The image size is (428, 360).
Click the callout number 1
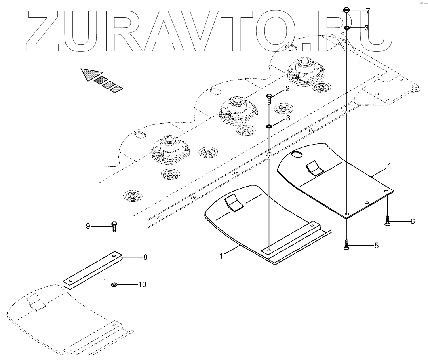[x=221, y=256]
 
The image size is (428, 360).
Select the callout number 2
[x=288, y=89]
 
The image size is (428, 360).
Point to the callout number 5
[x=377, y=246]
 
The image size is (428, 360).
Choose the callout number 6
[x=412, y=221]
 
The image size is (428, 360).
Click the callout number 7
[x=368, y=11]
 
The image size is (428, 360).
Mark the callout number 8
[x=145, y=257]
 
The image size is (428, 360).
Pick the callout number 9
[x=88, y=226]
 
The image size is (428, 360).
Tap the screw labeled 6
[x=388, y=221]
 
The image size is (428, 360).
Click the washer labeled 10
[x=114, y=285]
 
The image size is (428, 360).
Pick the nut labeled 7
[x=346, y=10]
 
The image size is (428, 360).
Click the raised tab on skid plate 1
[x=234, y=203]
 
